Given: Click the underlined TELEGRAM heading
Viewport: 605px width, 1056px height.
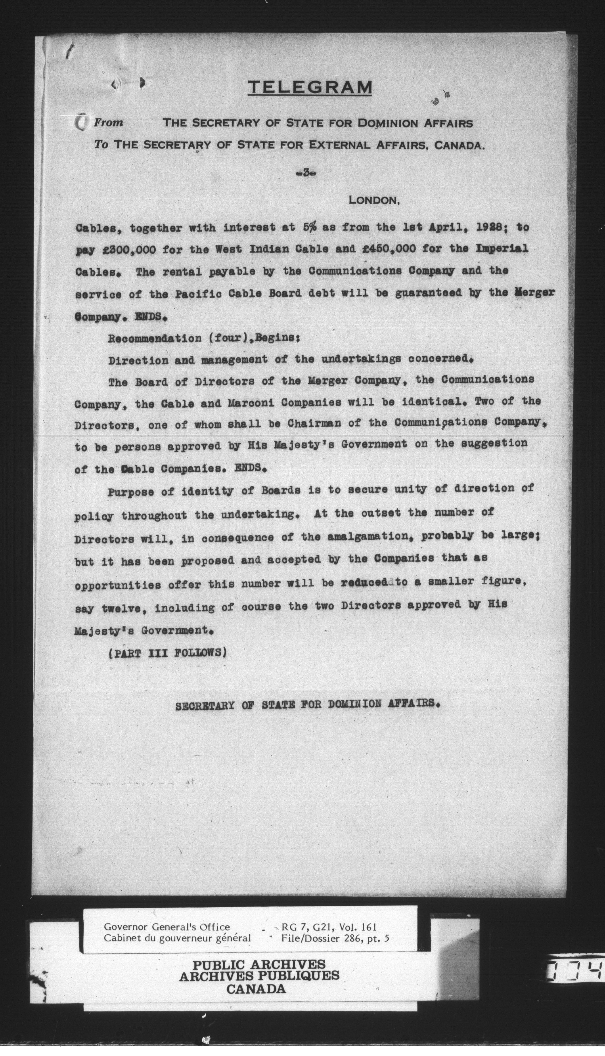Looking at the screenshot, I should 310,87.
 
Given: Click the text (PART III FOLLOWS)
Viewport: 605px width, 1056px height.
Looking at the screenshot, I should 167,653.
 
